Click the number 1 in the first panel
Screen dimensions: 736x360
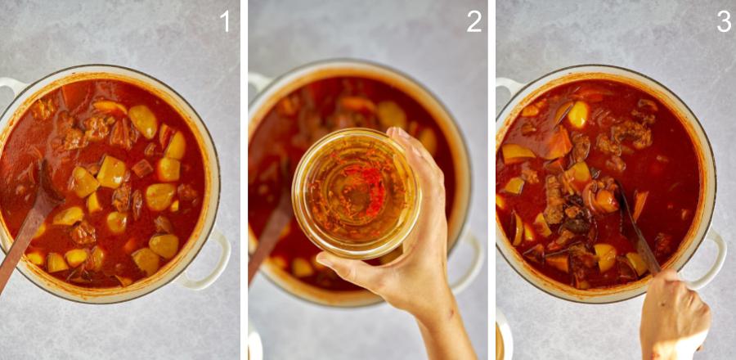click(x=226, y=21)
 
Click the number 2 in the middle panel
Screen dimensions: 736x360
click(x=474, y=21)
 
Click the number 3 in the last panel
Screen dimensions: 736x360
click(x=724, y=21)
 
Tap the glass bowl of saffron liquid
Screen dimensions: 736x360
click(x=356, y=192)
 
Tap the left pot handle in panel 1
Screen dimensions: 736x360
click(x=11, y=87)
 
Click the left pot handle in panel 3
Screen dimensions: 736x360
click(x=506, y=87)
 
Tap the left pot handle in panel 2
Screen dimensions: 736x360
click(x=259, y=82)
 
